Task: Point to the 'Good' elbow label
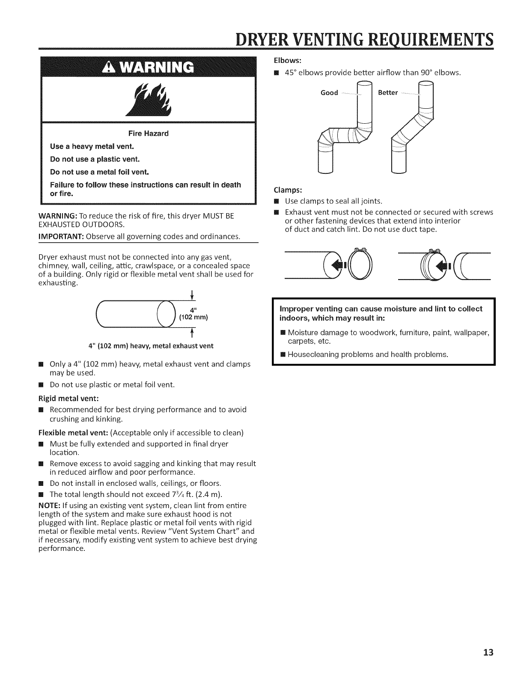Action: pos(329,93)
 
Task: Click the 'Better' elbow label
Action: pos(388,93)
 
